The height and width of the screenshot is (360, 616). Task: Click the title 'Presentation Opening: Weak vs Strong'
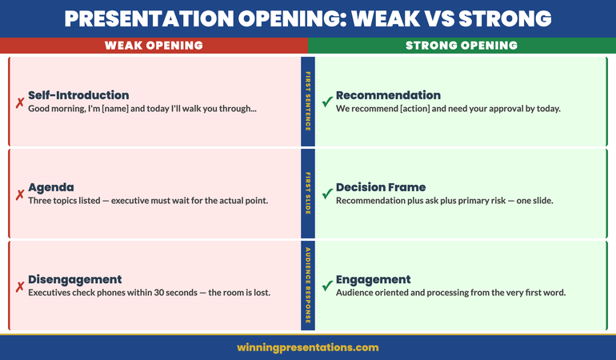coord(308,18)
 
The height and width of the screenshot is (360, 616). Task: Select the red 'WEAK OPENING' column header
coord(154,46)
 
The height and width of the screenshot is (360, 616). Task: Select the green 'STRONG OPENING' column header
coord(462,46)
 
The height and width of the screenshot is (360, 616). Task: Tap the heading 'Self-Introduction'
coord(78,95)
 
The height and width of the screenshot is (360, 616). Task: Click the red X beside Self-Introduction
coord(19,102)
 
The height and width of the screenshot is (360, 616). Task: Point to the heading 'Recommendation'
coord(388,95)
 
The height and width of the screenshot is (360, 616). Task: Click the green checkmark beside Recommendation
coord(326,102)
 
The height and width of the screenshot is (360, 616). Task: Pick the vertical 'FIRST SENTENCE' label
coord(308,102)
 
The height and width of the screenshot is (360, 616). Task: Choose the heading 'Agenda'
coord(51,187)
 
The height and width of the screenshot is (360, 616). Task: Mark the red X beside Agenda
coord(19,194)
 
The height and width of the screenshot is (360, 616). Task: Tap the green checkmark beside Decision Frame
coord(326,194)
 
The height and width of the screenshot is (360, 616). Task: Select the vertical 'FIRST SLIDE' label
coord(308,193)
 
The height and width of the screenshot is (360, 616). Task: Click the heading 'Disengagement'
coord(75,279)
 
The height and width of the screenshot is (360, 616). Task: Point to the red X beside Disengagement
coord(19,286)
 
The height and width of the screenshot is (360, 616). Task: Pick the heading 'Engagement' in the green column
coord(374,279)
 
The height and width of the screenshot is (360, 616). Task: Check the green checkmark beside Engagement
coord(326,286)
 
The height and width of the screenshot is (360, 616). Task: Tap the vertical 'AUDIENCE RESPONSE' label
coord(308,285)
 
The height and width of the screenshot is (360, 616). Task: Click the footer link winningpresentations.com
coord(308,347)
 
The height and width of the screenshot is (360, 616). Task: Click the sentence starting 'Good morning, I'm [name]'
coord(142,109)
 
